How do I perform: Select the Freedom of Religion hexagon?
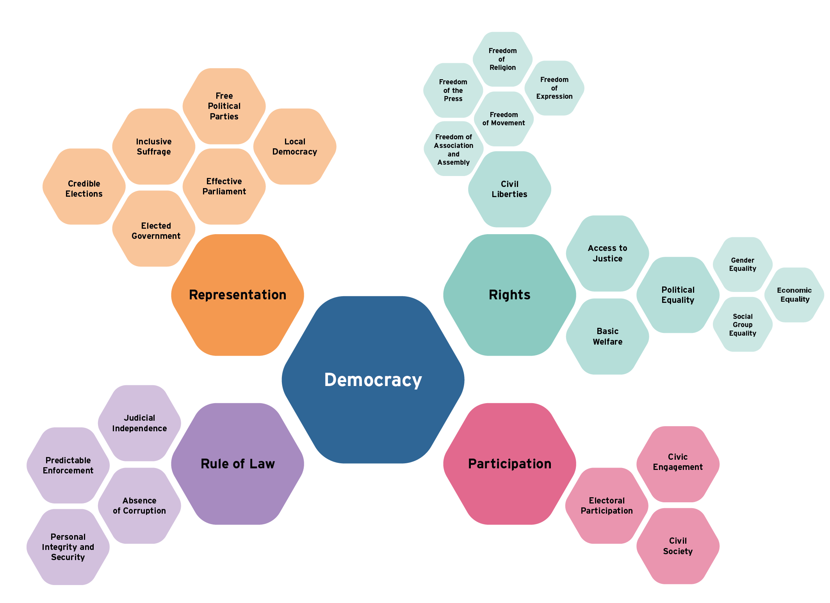click(x=502, y=59)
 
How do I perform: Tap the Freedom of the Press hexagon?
click(x=453, y=90)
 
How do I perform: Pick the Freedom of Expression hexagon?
click(x=554, y=88)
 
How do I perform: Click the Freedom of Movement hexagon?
click(x=504, y=119)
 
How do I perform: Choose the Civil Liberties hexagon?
click(x=509, y=189)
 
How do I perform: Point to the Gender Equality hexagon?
click(x=743, y=264)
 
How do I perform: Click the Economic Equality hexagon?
click(x=794, y=295)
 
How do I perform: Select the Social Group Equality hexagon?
click(x=743, y=324)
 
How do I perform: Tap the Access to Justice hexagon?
click(x=607, y=253)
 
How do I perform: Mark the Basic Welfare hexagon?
click(x=607, y=336)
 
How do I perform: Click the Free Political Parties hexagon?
click(x=224, y=106)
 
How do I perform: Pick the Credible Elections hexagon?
click(x=84, y=189)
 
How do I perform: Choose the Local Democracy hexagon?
click(x=295, y=146)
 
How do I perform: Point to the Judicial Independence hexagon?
click(x=139, y=423)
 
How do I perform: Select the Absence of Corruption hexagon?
click(x=139, y=505)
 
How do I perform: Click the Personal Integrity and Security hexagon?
click(x=68, y=547)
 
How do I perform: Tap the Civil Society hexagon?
click(x=678, y=546)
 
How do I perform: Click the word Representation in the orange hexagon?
click(x=237, y=295)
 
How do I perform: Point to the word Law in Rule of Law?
click(x=262, y=464)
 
